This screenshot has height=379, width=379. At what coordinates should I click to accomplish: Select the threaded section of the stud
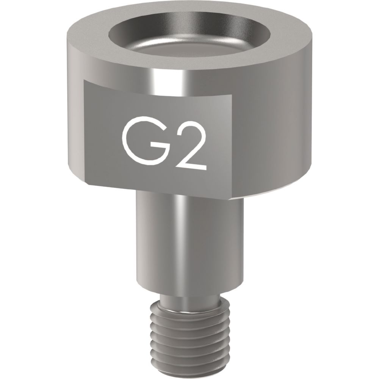click(189, 337)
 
